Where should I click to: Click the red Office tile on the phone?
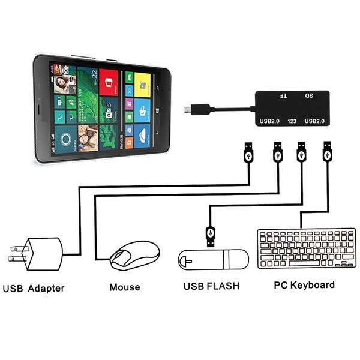coord(109,83)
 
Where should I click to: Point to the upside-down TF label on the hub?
coord(284,95)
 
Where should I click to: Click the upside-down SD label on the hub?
coord(309,95)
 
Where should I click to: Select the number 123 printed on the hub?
coord(292,122)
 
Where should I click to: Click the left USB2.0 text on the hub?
coord(269,122)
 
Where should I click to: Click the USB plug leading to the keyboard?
coord(328,154)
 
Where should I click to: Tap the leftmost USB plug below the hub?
coord(247,154)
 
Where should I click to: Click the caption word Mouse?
coord(124,287)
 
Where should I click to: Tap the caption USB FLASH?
coord(211,286)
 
